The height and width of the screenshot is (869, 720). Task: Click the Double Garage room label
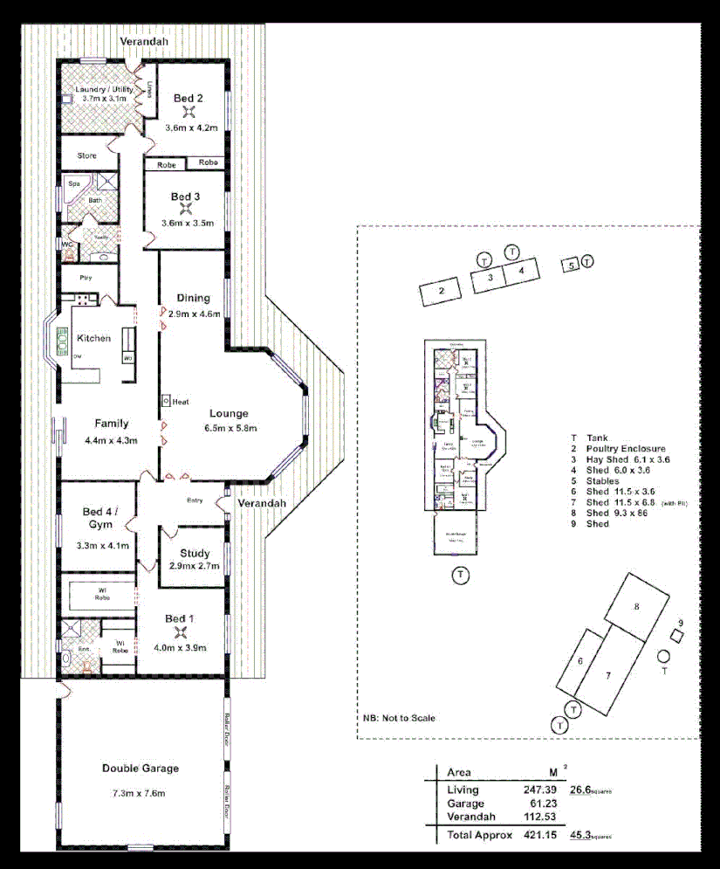point(140,769)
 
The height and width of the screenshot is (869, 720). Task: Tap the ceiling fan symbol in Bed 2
point(187,112)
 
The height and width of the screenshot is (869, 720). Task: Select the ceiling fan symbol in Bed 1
point(181,632)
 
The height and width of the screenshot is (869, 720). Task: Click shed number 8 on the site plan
point(638,605)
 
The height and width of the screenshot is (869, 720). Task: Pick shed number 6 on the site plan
point(580,661)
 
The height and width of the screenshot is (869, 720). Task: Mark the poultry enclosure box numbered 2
point(442,291)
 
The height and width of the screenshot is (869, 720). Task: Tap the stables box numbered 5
point(571,265)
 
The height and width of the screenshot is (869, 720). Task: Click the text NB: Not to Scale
point(399,718)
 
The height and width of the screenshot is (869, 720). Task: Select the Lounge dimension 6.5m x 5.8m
point(229,428)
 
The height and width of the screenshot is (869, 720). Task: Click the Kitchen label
point(93,338)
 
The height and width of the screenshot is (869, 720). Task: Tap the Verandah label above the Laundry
point(144,41)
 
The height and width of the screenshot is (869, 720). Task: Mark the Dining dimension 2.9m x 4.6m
point(194,313)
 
